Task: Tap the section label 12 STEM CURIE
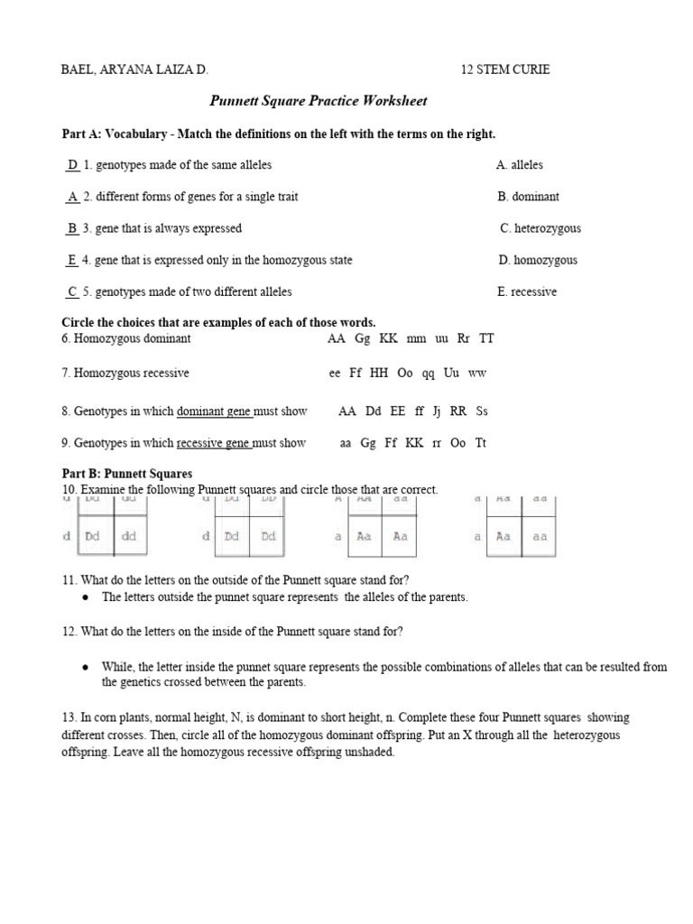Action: pyautogui.click(x=505, y=69)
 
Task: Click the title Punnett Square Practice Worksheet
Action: pyautogui.click(x=319, y=101)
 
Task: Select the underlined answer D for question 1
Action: pyautogui.click(x=72, y=165)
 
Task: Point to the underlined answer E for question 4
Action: pyautogui.click(x=71, y=260)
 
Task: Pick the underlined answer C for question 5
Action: pyautogui.click(x=72, y=291)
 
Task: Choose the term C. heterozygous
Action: pyautogui.click(x=540, y=228)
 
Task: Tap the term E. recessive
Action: pyautogui.click(x=526, y=291)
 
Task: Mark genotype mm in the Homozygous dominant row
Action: pyautogui.click(x=416, y=338)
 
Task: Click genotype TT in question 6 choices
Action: pyautogui.click(x=486, y=338)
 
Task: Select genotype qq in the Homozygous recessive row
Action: pyautogui.click(x=430, y=373)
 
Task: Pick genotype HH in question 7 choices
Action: pyautogui.click(x=379, y=373)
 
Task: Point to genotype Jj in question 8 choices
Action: pyautogui.click(x=436, y=411)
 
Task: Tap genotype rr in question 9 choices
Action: pyautogui.click(x=436, y=443)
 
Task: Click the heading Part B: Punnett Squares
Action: pyautogui.click(x=126, y=474)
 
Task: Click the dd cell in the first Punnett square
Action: pyautogui.click(x=128, y=535)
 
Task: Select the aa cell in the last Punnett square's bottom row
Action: pyautogui.click(x=539, y=535)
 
